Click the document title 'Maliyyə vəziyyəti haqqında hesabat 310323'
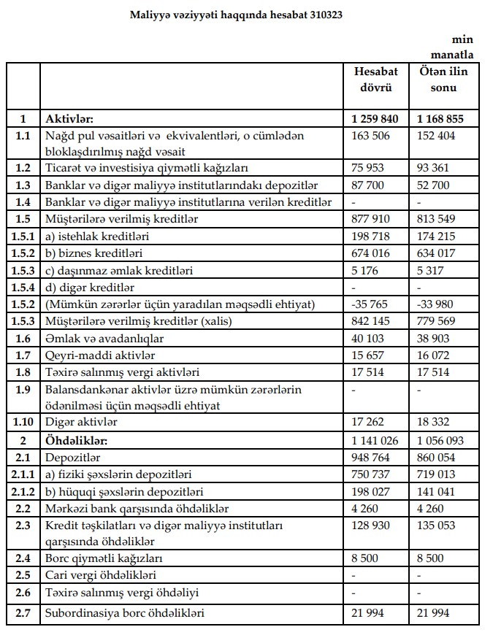(x=236, y=14)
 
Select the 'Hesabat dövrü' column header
(x=375, y=79)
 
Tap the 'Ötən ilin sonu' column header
(x=443, y=79)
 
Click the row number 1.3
(x=23, y=185)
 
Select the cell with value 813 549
(x=437, y=218)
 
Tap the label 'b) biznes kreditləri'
(x=93, y=253)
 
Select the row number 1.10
(x=23, y=421)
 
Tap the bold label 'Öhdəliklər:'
(x=77, y=440)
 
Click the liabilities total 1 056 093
(x=443, y=440)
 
